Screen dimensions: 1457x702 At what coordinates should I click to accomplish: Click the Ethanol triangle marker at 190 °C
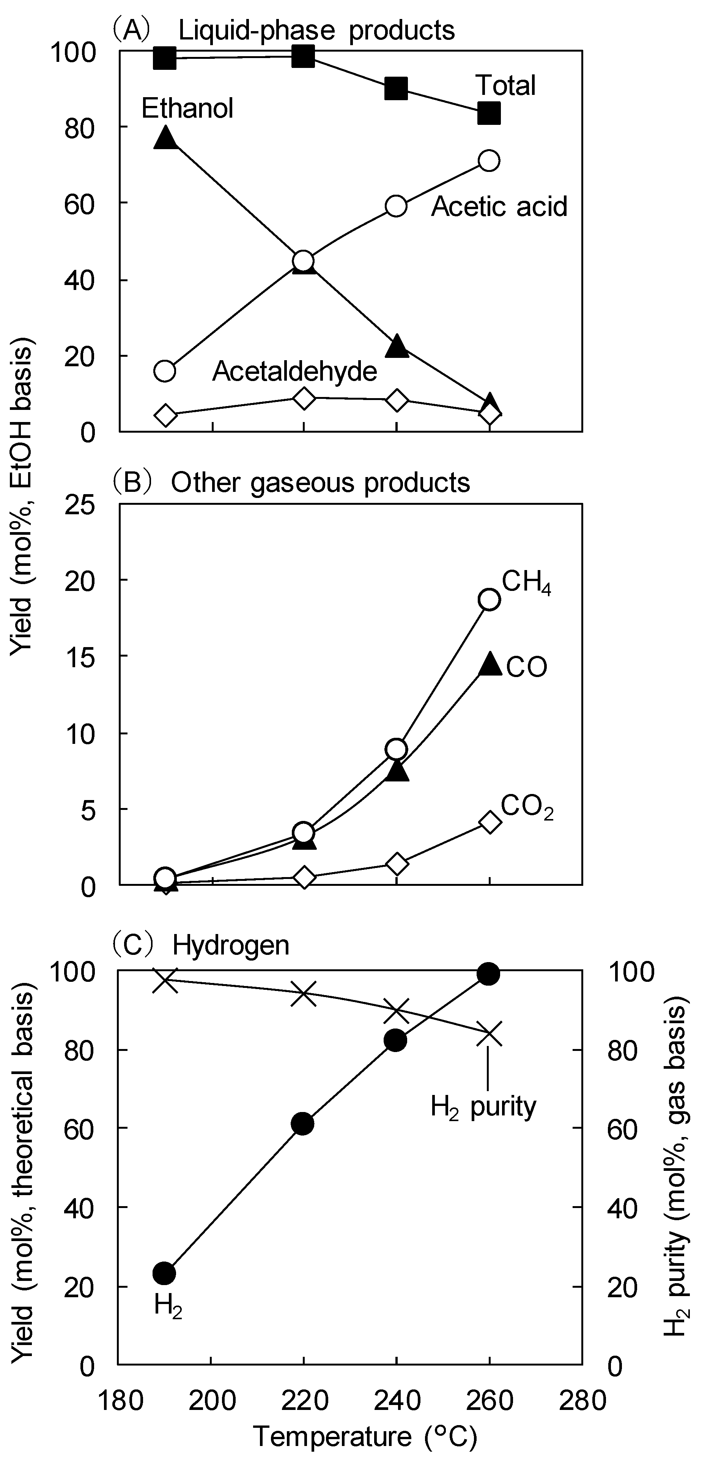coord(165,137)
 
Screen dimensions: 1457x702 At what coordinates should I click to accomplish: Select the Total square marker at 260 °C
coord(489,113)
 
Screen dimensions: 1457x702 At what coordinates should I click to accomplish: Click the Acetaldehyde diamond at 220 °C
coord(304,398)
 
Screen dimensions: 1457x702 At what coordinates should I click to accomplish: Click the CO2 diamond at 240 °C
coord(397,864)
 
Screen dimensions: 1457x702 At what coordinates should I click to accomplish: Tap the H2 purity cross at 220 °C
coord(304,994)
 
